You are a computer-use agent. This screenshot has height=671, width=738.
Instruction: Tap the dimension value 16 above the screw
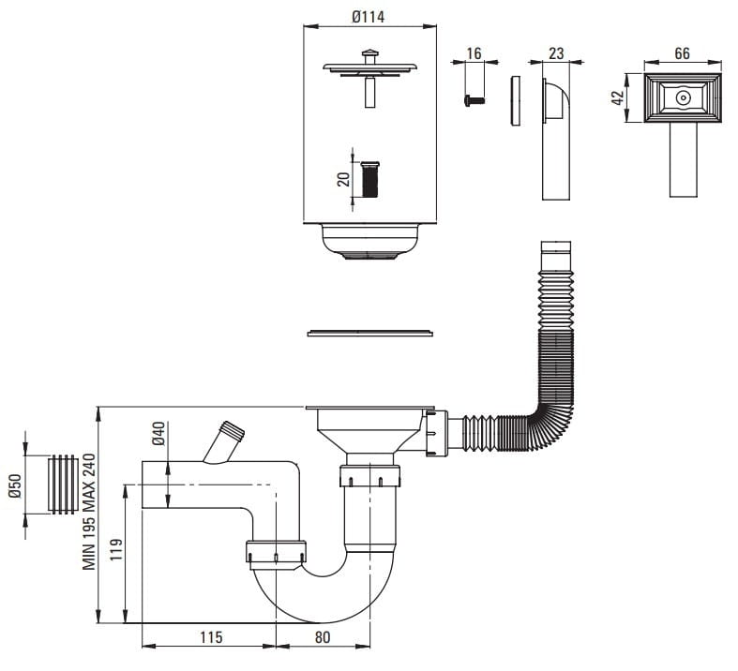(474, 53)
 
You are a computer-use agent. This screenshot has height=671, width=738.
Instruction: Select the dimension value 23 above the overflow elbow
(555, 53)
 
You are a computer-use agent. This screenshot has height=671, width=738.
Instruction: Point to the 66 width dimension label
(682, 53)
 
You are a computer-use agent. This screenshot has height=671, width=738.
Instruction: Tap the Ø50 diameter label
(16, 485)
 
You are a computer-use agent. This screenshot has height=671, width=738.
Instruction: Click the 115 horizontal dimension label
(210, 638)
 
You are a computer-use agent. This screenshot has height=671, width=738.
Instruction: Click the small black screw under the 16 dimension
(474, 97)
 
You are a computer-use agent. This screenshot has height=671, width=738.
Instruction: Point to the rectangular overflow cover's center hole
(683, 97)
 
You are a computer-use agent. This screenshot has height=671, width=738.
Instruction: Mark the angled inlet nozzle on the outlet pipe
(225, 440)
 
